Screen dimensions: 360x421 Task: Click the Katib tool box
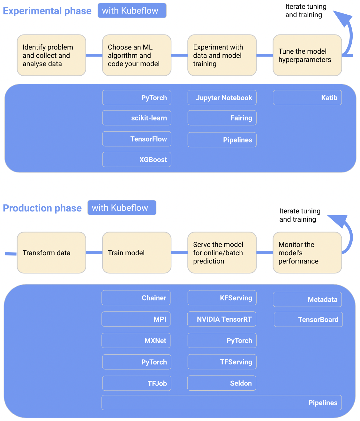pyautogui.click(x=307, y=97)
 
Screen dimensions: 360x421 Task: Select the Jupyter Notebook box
pyautogui.click(x=222, y=97)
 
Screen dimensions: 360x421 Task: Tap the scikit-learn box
pyautogui.click(x=137, y=118)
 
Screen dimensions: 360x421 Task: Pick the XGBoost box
pyautogui.click(x=137, y=159)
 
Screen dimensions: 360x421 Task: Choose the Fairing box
pyautogui.click(x=222, y=118)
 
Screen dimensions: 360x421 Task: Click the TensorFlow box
pyautogui.click(x=137, y=139)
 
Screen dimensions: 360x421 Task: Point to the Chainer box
pyautogui.click(x=136, y=298)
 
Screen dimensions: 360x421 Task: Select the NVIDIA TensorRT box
pyautogui.click(x=221, y=319)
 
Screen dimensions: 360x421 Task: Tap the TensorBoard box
pyautogui.click(x=308, y=319)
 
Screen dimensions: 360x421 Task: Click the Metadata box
pyautogui.click(x=307, y=299)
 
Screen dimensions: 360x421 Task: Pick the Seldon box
pyautogui.click(x=221, y=383)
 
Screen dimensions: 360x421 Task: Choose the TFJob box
pyautogui.click(x=137, y=383)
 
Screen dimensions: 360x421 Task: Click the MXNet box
pyautogui.click(x=136, y=340)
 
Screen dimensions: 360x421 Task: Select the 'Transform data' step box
pyautogui.click(x=51, y=253)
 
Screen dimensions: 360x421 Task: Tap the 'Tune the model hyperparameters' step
pyautogui.click(x=307, y=55)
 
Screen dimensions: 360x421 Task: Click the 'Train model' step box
pyautogui.click(x=137, y=253)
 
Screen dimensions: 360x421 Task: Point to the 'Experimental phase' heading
pyautogui.click(x=47, y=11)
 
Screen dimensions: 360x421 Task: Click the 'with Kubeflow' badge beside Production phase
pyautogui.click(x=122, y=208)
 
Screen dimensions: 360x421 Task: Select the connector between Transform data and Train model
pyautogui.click(x=94, y=253)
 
